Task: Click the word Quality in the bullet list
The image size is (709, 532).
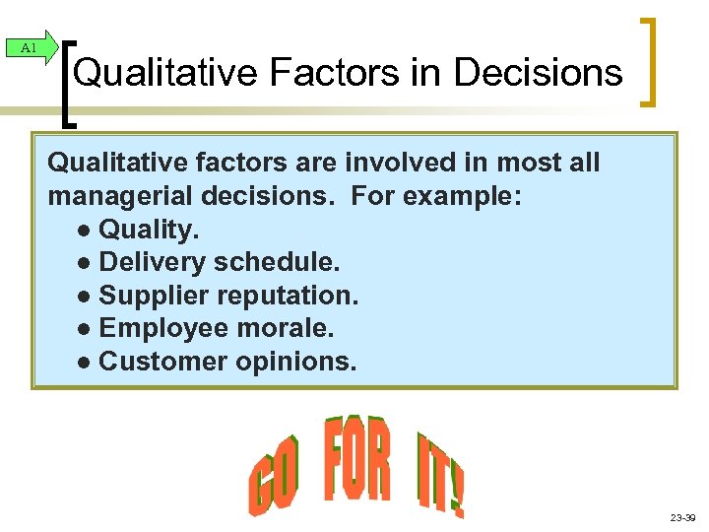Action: [149, 230]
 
